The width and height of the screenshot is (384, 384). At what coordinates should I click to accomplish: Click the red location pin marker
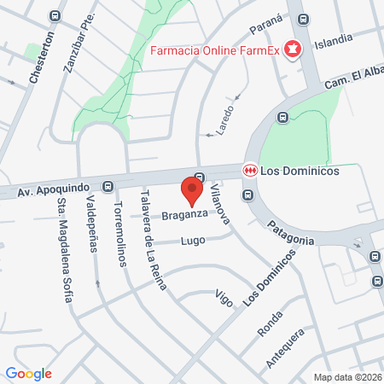tap(192, 189)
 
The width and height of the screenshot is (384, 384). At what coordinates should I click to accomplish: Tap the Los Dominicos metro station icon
tap(251, 170)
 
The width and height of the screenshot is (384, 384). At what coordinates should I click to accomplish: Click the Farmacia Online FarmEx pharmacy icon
tap(293, 49)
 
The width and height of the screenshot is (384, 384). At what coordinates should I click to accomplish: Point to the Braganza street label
tap(187, 214)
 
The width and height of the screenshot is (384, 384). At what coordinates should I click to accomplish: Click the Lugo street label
tap(191, 241)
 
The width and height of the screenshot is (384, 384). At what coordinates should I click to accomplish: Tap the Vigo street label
tap(224, 296)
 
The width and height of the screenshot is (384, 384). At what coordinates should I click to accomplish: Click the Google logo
tap(28, 373)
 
